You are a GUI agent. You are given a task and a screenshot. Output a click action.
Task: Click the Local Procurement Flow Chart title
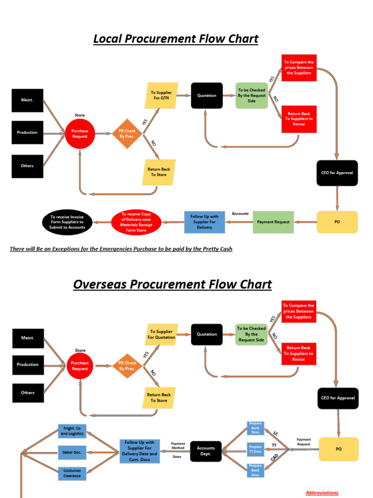175,39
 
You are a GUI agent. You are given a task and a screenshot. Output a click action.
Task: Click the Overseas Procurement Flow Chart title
172,285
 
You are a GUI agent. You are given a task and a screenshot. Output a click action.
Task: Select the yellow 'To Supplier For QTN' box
161,95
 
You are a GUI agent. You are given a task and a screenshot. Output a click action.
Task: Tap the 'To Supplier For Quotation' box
161,334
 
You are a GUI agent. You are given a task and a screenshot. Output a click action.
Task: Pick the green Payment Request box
273,222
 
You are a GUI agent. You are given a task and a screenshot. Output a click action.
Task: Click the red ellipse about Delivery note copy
136,222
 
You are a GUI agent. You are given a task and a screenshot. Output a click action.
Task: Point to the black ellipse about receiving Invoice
67,222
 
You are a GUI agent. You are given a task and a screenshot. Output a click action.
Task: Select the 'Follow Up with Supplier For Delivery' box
204,222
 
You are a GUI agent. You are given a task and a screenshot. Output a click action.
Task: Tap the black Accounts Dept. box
206,451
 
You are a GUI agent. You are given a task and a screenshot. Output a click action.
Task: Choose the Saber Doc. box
72,452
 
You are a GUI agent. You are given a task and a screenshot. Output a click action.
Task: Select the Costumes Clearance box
72,473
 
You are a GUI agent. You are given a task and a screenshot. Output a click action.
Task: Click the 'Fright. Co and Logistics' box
72,431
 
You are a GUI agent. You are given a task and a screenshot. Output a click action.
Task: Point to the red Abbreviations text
322,493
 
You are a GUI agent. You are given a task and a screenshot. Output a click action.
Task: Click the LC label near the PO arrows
275,433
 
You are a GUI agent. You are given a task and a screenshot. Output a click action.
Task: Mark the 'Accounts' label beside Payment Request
240,213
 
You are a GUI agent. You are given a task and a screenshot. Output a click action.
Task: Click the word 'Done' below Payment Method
177,457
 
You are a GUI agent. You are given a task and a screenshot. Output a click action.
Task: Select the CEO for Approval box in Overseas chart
338,398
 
